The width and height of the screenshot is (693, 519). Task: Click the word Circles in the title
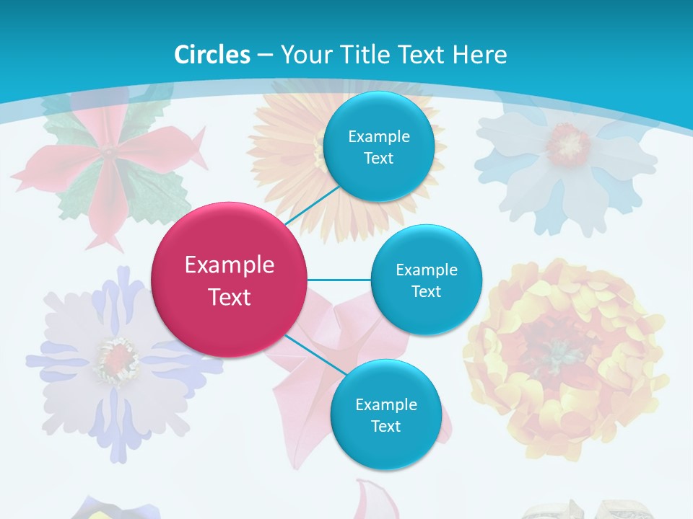(x=212, y=55)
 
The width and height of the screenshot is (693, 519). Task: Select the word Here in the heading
(x=479, y=55)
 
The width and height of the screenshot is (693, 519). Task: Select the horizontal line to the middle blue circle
(x=339, y=280)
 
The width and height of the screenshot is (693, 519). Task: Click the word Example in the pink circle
(x=230, y=265)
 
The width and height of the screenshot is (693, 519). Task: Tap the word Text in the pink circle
(x=230, y=297)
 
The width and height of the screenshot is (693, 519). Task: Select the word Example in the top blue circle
(x=379, y=136)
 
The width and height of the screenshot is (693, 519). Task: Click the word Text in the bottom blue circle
(x=385, y=426)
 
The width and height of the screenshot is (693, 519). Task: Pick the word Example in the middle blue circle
(x=427, y=270)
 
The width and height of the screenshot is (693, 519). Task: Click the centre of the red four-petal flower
(x=108, y=153)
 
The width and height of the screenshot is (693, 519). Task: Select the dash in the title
(x=265, y=55)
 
